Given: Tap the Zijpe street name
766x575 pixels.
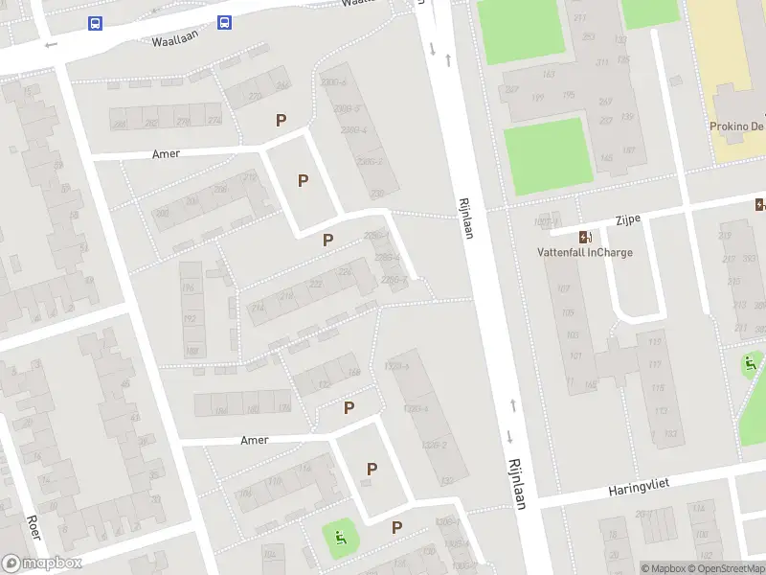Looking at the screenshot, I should (x=628, y=220).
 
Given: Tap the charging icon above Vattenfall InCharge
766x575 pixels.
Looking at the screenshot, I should (x=584, y=237).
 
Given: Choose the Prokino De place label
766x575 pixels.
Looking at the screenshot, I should (x=736, y=126).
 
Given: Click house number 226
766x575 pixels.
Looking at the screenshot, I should (x=345, y=272).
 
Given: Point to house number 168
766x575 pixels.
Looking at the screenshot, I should (x=355, y=372).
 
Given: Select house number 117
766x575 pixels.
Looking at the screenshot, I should (x=655, y=364).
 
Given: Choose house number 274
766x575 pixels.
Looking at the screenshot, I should (x=214, y=121).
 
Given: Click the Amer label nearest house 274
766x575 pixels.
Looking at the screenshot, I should (x=166, y=153).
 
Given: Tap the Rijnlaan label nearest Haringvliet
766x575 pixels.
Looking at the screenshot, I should (x=516, y=482).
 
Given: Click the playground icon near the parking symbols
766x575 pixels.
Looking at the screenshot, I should (x=339, y=538).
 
